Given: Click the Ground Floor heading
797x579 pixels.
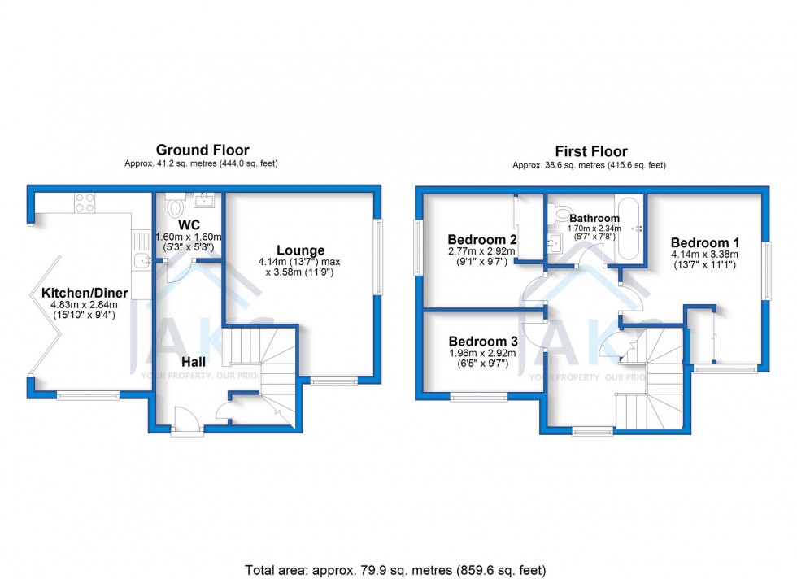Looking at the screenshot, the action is [203, 150].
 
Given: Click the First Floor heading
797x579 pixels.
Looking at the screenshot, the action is [591, 151].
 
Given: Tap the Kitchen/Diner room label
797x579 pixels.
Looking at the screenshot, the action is [85, 293].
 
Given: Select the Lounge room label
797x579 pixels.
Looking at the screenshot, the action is [300, 250].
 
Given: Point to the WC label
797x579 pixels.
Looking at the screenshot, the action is [189, 224].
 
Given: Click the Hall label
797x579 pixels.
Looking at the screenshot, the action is [194, 361].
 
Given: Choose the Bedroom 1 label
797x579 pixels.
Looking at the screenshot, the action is [705, 242].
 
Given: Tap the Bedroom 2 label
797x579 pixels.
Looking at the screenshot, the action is [482, 239].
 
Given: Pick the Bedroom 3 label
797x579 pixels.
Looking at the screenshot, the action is [483, 342].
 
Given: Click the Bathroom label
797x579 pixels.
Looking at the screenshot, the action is [594, 219].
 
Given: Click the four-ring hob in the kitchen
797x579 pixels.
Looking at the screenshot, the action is [85, 202].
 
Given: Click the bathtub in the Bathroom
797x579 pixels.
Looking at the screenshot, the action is [629, 229].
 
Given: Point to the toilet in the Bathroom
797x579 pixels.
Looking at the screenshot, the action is [560, 212].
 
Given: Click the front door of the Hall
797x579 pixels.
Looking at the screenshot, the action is [187, 420].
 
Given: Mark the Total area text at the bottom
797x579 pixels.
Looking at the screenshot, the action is [395, 570].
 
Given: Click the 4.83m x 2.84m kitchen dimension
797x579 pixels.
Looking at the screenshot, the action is [84, 305].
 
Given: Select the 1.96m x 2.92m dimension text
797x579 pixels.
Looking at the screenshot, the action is [482, 353].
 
